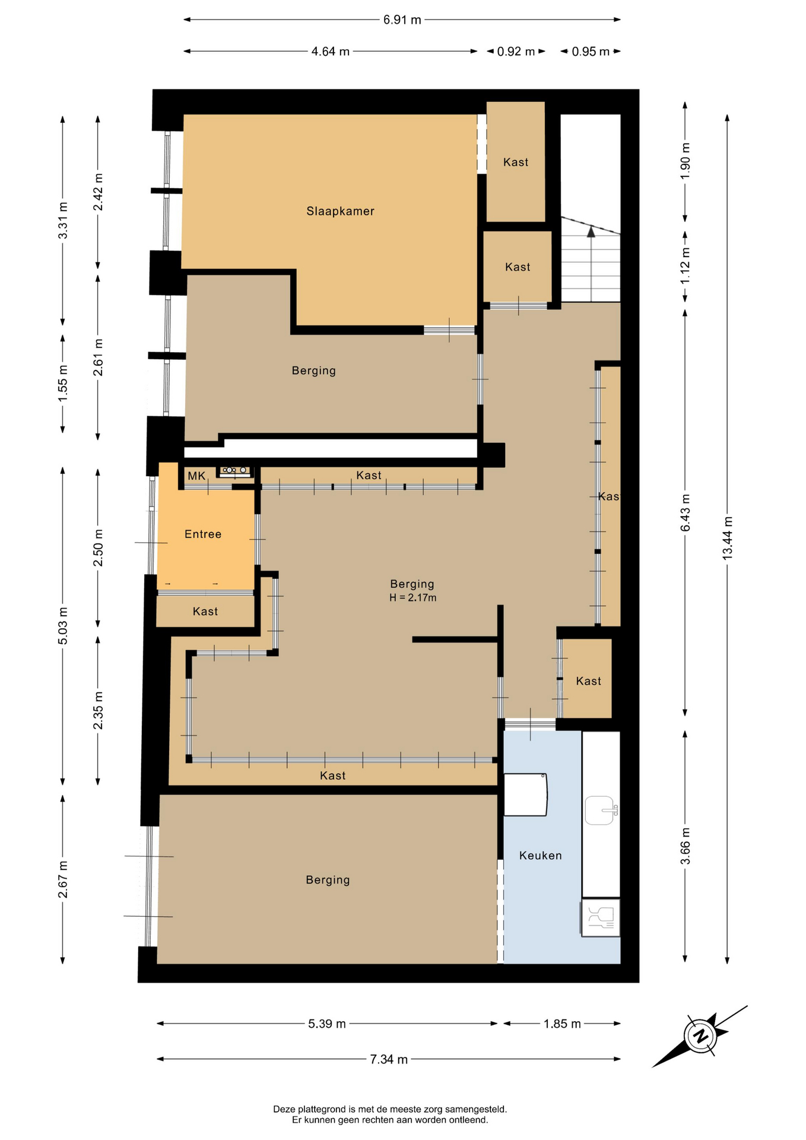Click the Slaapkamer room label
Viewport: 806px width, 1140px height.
tap(340, 211)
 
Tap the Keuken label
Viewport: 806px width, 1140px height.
tap(540, 855)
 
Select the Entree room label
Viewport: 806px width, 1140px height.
tap(203, 534)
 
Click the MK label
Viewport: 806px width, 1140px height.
tap(196, 476)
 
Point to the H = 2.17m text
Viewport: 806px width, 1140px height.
tap(413, 597)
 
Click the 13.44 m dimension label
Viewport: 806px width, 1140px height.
tap(728, 539)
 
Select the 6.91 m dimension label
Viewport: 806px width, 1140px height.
tap(402, 20)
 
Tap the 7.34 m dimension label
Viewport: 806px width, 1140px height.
tap(389, 1059)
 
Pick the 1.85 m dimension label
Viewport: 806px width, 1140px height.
tap(562, 1023)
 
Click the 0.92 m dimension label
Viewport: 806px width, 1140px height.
tap(516, 52)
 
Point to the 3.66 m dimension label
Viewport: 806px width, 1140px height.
tap(686, 847)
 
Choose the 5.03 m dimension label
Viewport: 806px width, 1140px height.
tap(63, 626)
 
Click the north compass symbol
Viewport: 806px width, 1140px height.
tap(701, 1036)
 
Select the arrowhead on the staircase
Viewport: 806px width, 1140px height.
tap(591, 232)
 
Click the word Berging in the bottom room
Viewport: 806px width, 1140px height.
tap(328, 880)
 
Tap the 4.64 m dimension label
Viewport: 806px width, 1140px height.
tap(331, 52)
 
